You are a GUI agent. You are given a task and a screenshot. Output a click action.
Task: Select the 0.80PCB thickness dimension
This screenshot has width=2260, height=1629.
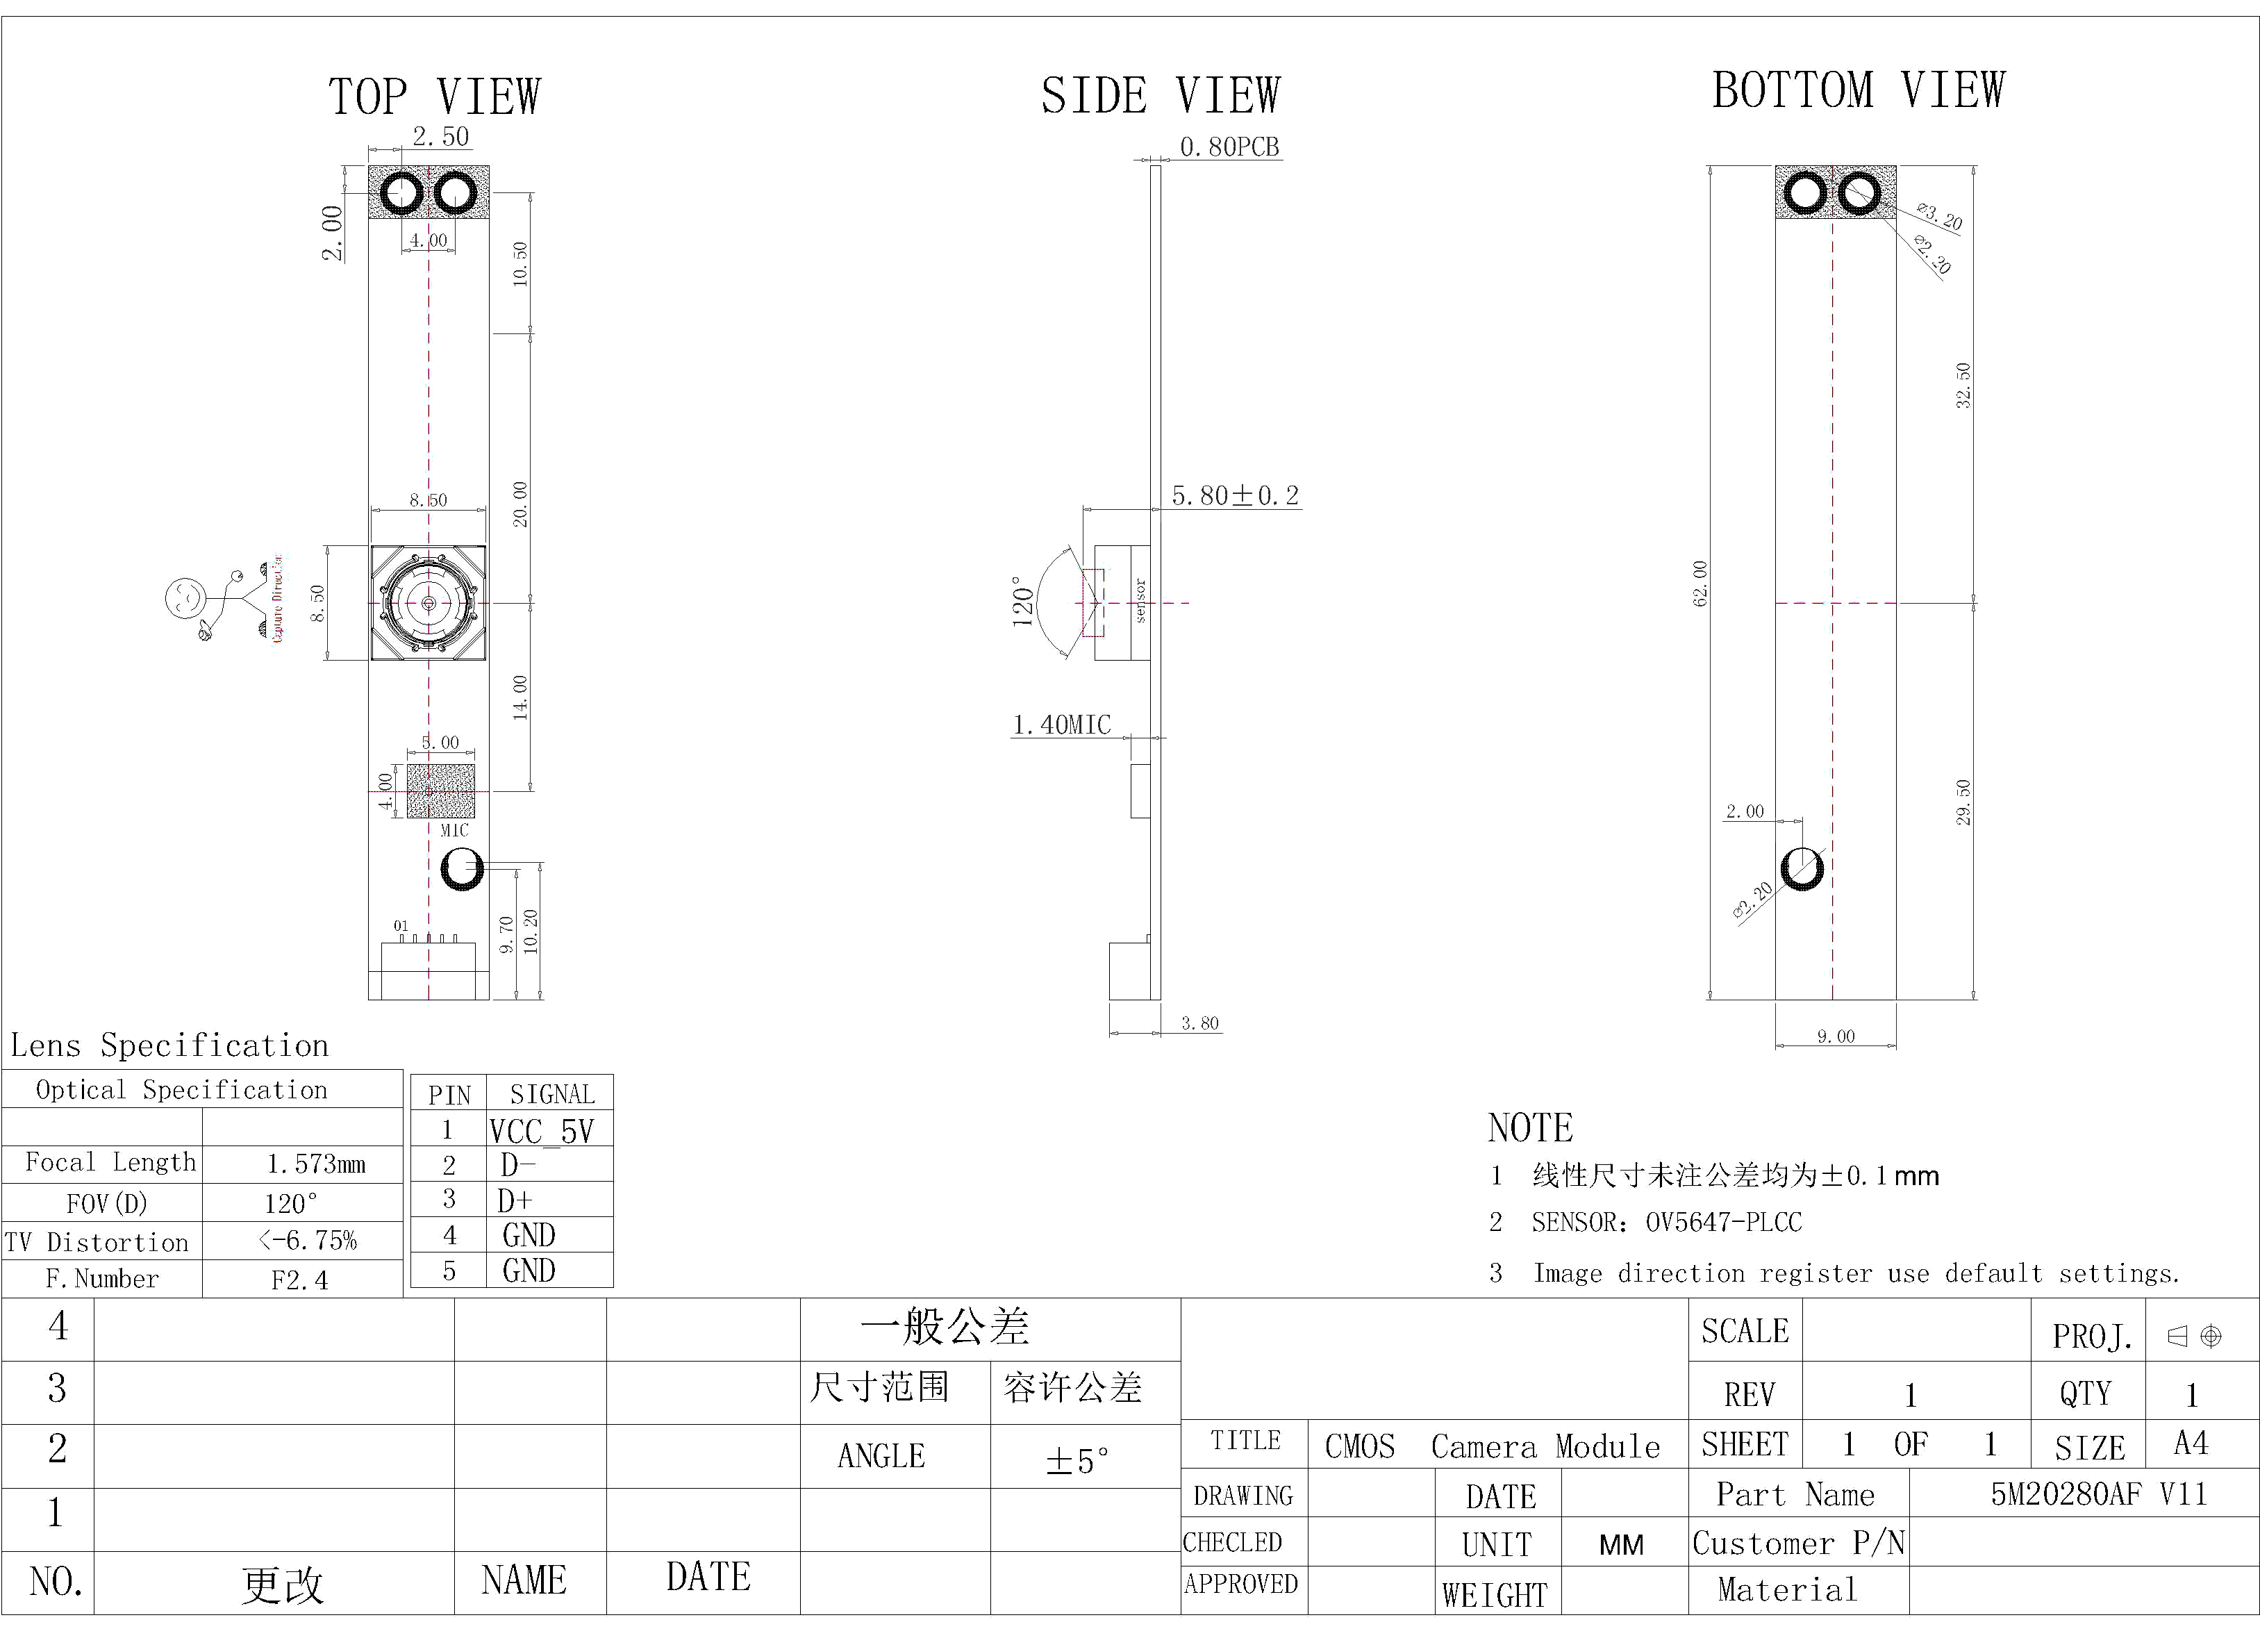[x=1229, y=147]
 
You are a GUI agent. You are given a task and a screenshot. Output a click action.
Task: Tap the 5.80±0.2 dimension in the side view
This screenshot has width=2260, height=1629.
[x=1235, y=495]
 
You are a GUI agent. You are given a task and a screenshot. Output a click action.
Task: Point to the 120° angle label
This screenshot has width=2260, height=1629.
[x=1023, y=601]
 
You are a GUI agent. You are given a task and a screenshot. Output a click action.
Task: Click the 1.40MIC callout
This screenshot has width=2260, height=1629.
[x=1061, y=725]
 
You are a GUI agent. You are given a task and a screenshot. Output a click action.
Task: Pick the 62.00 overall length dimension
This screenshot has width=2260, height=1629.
[x=1700, y=584]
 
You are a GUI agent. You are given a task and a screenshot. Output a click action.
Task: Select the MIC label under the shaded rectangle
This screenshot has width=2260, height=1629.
[x=454, y=830]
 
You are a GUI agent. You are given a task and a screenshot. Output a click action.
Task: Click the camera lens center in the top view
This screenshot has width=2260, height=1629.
[x=429, y=603]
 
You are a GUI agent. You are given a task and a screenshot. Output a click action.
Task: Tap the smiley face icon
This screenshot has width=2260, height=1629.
[x=184, y=598]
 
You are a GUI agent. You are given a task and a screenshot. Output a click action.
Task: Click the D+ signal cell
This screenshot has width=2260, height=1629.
[x=515, y=1200]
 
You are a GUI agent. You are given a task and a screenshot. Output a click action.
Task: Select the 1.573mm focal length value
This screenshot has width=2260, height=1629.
[x=316, y=1164]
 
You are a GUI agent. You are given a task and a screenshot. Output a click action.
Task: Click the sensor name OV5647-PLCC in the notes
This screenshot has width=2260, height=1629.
[x=1723, y=1222]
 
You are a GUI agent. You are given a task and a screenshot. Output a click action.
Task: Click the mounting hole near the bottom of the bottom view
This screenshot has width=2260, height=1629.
[x=1802, y=868]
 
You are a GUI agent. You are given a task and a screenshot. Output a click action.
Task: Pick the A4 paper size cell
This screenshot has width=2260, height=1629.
[x=2191, y=1444]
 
